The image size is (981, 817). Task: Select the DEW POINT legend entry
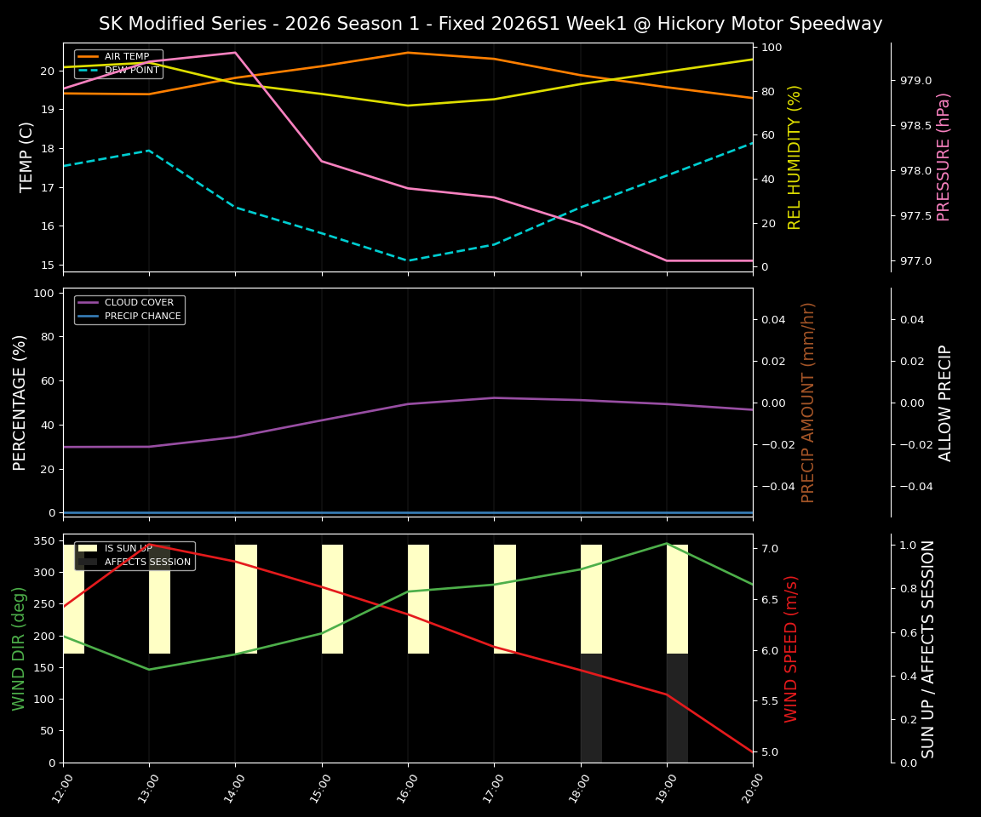131,70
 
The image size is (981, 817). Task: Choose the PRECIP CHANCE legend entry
142,317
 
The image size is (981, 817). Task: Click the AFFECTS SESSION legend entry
147,563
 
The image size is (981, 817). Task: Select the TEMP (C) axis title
27,157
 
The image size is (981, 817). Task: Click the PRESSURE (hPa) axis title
944,157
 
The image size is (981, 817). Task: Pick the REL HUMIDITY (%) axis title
795,157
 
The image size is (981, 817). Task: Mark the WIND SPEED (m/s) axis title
792,648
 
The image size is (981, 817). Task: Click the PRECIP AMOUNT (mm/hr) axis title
809,402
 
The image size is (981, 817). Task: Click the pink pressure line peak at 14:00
235,53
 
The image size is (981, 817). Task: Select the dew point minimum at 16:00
408,260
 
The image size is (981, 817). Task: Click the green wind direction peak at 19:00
667,543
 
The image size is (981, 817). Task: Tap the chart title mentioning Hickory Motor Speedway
490,24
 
